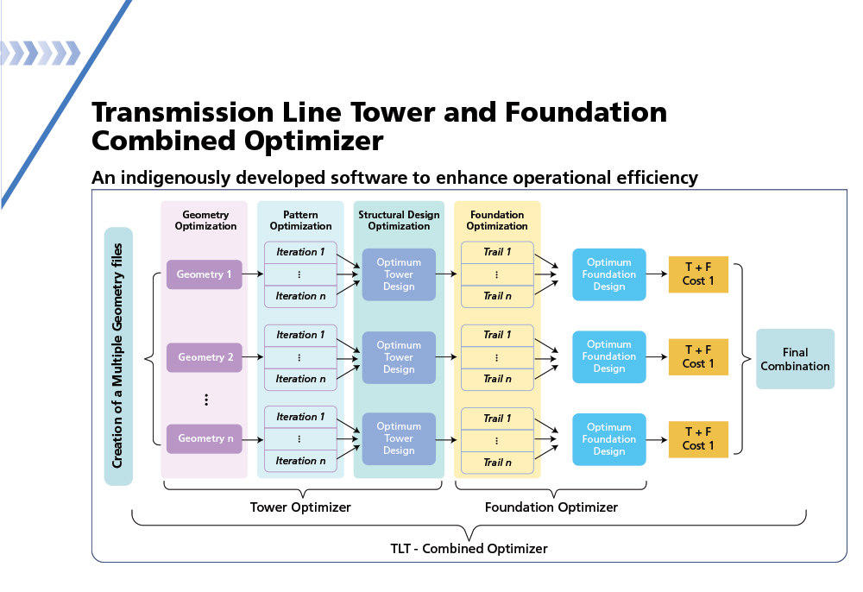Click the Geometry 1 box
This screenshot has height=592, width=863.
(x=205, y=274)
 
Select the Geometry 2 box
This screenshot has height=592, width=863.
(x=205, y=357)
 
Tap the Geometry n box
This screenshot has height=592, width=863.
(x=205, y=438)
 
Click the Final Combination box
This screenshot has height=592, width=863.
(x=795, y=359)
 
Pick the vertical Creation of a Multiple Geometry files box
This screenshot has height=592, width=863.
(x=118, y=356)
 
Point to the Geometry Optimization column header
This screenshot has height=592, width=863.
(x=205, y=220)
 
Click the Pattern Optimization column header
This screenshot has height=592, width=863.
(x=300, y=220)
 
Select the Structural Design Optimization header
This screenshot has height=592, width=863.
(x=399, y=220)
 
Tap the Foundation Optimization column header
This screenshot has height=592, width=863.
(x=497, y=220)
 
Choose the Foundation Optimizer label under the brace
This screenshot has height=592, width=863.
(x=551, y=507)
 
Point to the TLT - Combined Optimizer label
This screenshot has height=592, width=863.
(x=469, y=548)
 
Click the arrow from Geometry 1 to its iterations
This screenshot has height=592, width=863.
(x=253, y=274)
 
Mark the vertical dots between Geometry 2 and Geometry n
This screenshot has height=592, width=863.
(x=206, y=400)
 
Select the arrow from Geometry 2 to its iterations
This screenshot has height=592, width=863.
(x=253, y=357)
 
